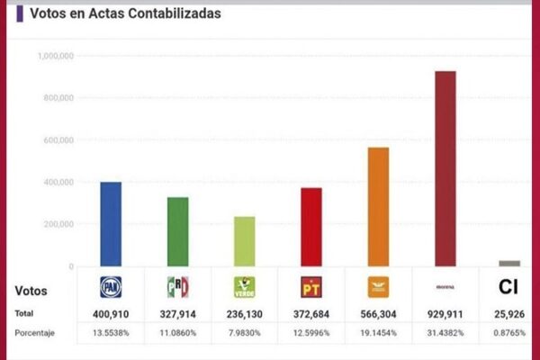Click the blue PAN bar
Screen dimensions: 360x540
tap(111, 224)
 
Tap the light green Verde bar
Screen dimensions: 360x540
tap(244, 241)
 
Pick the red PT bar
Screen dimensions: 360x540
tap(311, 227)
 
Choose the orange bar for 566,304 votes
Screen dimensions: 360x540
tap(378, 207)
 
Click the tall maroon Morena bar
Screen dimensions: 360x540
tap(445, 168)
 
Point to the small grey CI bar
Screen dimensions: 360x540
tap(509, 263)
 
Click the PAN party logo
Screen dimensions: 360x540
tap(111, 287)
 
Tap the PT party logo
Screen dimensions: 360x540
tap(311, 287)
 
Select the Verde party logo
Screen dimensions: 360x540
tap(244, 287)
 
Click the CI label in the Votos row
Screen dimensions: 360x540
tap(508, 287)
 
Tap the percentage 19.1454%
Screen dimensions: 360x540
tap(378, 333)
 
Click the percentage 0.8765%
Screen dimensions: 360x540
tap(509, 333)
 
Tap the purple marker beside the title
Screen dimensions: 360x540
tap(21, 13)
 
